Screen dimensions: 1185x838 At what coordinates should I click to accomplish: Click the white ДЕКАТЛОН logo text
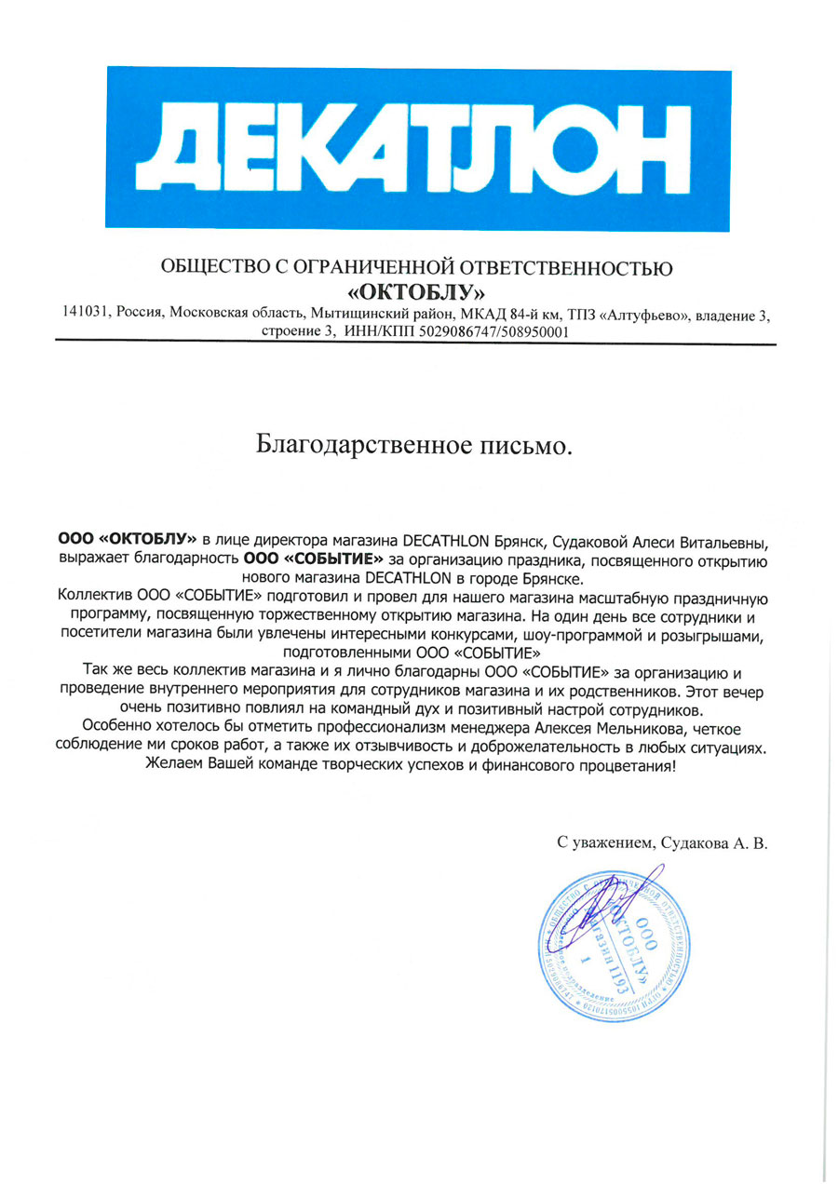418,149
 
